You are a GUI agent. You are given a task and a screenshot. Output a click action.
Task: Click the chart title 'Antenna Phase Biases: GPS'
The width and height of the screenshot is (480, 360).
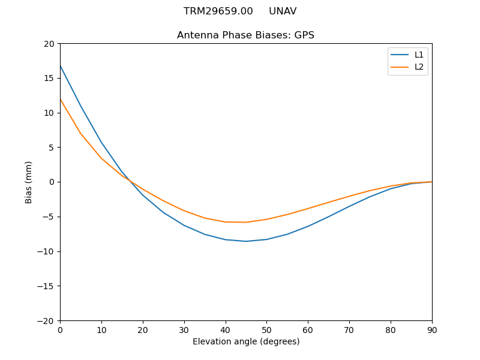point(245,35)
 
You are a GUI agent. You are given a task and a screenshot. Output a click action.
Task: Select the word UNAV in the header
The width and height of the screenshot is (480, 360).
point(283,11)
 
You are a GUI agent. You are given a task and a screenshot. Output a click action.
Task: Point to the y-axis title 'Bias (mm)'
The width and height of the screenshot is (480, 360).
point(29,182)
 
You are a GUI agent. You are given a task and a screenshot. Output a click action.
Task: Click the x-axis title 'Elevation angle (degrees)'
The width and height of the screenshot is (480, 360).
point(246,341)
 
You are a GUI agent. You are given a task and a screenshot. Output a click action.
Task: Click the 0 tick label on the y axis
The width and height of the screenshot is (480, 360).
point(52,182)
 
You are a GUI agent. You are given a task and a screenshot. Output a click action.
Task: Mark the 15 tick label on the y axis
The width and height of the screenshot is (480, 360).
point(49,78)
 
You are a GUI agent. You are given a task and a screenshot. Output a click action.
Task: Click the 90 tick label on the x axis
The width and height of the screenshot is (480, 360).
point(432,329)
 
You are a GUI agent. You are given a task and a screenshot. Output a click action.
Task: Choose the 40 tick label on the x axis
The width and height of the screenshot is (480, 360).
point(226,329)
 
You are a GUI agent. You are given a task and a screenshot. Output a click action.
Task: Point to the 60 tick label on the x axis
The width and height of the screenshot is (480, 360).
point(308,329)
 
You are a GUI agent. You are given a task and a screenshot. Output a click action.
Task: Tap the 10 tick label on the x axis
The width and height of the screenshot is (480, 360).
point(101,329)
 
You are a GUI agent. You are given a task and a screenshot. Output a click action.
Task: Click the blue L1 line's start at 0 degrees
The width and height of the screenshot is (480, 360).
point(60,65)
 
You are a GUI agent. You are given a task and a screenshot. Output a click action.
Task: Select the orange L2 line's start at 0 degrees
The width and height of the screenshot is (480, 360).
point(60,99)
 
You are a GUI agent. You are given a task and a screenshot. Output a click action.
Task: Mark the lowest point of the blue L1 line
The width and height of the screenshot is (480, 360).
point(246,241)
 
